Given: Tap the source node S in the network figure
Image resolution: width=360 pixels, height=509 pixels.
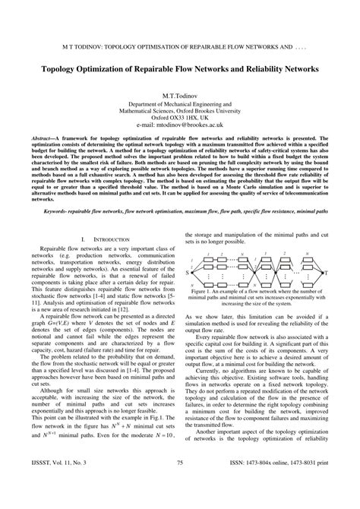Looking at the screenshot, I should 186,270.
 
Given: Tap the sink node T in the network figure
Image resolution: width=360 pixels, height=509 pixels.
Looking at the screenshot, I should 327,271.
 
